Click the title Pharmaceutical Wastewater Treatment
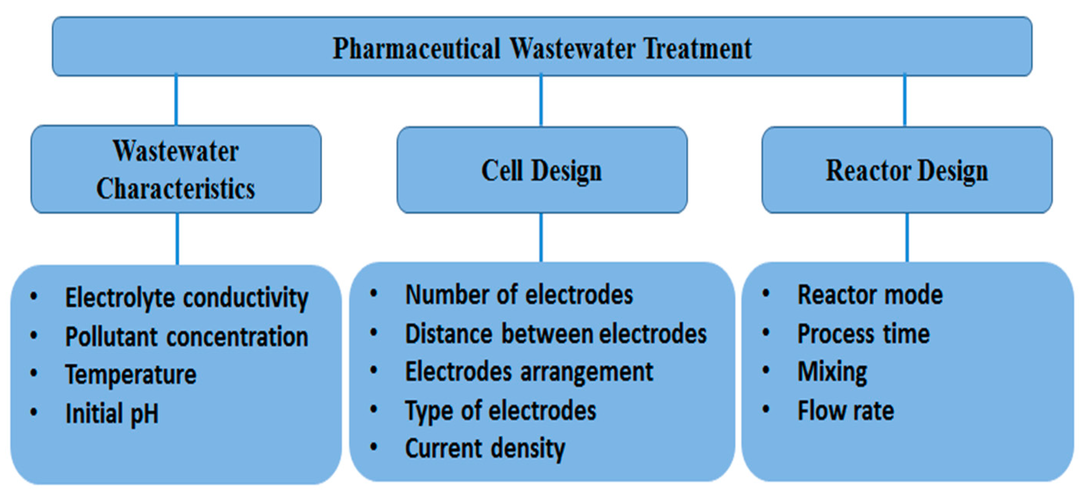pyautogui.click(x=542, y=48)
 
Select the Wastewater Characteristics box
pyautogui.click(x=176, y=170)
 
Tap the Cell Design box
pyautogui.click(x=542, y=171)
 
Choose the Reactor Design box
pyautogui.click(x=907, y=171)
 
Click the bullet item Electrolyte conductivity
pyautogui.click(x=187, y=298)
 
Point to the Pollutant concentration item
pyautogui.click(x=187, y=337)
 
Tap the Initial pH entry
pyautogui.click(x=112, y=413)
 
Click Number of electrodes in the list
pyautogui.click(x=519, y=295)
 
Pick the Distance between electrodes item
pyautogui.click(x=556, y=334)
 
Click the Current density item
pyautogui.click(x=485, y=448)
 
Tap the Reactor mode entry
pyautogui.click(x=870, y=295)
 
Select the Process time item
pyautogui.click(x=863, y=334)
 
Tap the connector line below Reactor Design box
pyautogui.click(x=907, y=238)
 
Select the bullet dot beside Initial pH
pyautogui.click(x=34, y=412)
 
